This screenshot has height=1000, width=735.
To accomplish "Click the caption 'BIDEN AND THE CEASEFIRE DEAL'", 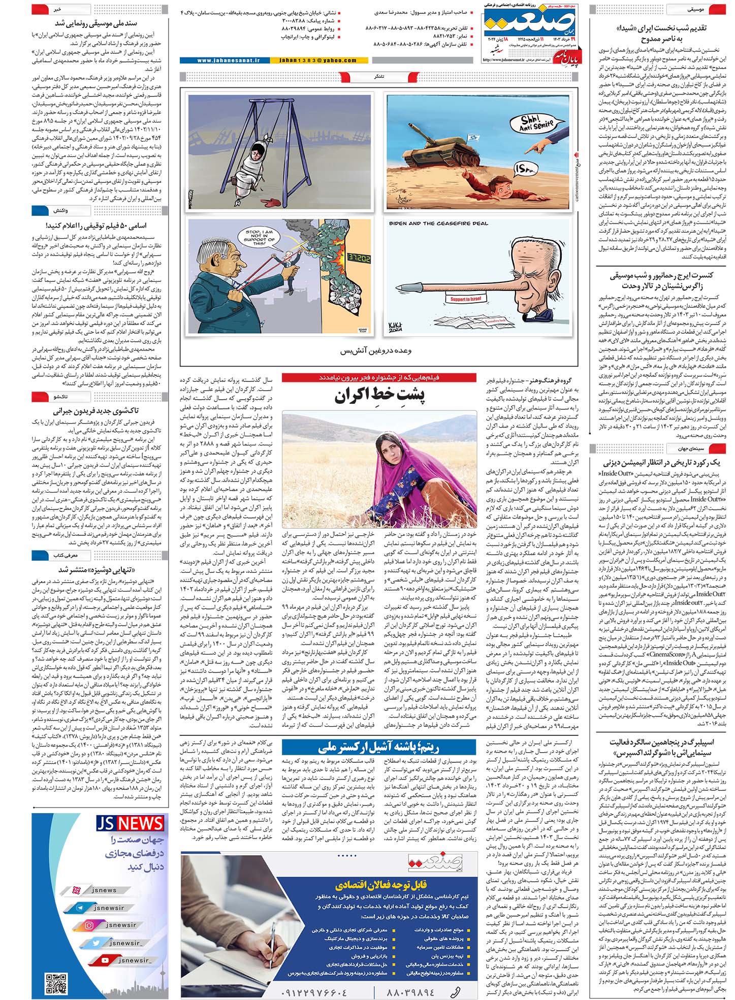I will click(438, 223).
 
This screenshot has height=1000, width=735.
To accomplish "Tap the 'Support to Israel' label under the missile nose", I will click(465, 299).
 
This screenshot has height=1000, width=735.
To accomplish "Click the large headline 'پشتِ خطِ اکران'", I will click(379, 396).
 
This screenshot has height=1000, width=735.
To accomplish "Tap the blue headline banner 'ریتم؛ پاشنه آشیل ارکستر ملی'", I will click(378, 747).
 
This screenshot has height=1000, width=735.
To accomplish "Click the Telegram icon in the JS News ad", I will click(80, 908).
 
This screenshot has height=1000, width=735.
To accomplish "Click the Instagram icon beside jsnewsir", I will click(89, 925).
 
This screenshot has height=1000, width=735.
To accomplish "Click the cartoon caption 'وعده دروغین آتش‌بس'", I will click(376, 350).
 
